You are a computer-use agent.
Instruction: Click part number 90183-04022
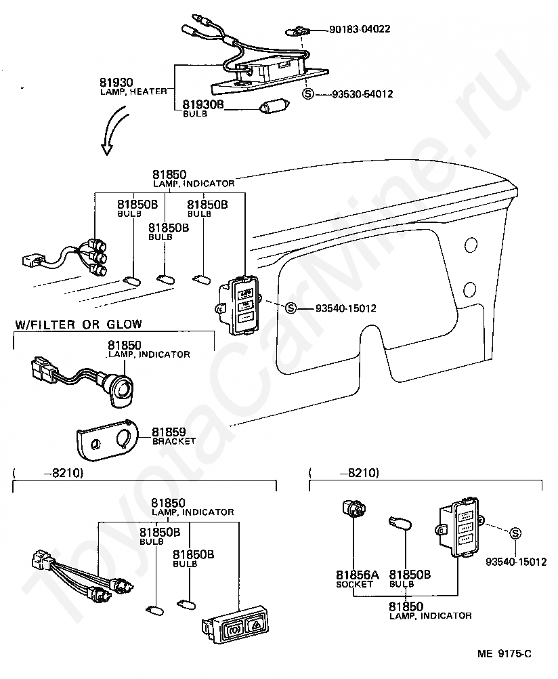360,29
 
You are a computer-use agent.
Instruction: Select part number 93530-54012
362,94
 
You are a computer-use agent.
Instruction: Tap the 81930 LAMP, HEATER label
133,86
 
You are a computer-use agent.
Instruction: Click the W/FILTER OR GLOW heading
79,324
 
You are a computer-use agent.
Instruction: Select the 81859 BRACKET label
173,436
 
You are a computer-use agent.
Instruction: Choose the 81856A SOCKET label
357,579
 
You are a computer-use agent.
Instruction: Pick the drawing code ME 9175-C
505,654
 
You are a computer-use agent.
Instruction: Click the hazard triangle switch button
255,624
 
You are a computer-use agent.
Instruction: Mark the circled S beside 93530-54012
307,94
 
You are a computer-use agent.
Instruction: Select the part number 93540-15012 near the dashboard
346,308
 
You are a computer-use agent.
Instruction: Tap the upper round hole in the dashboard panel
470,245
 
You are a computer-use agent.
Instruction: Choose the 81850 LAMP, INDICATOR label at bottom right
430,611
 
